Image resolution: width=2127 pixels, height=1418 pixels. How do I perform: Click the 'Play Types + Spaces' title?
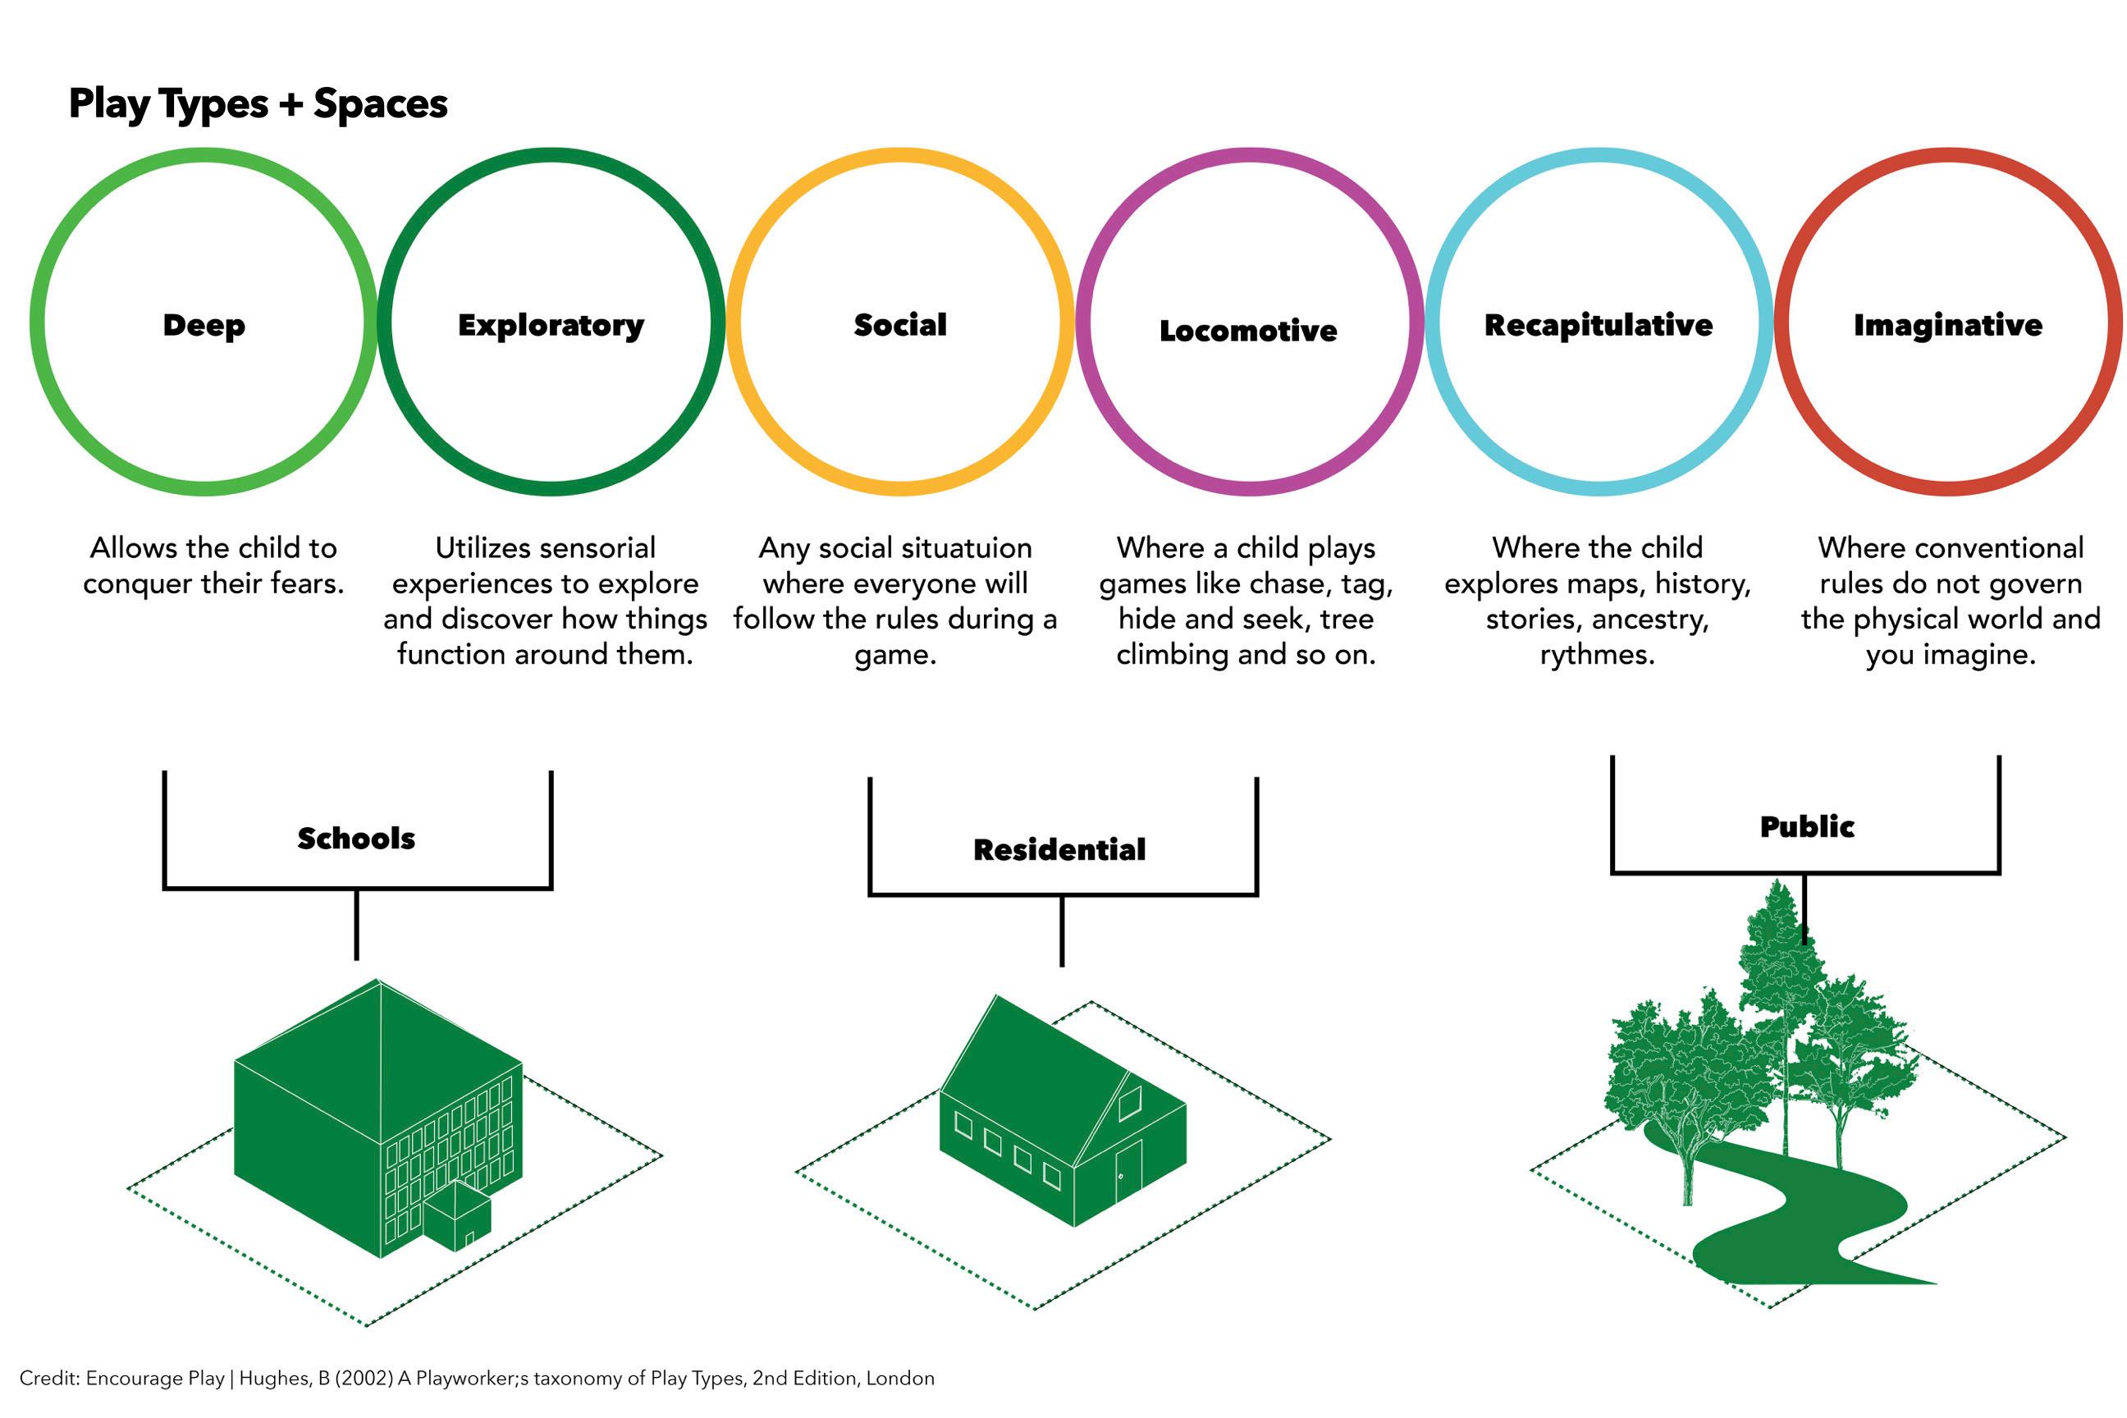tap(258, 104)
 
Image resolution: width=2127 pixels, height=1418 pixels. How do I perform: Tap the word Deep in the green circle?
tap(204, 325)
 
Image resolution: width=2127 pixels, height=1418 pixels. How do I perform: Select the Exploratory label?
tap(551, 325)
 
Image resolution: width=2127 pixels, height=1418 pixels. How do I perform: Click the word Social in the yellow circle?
tap(900, 325)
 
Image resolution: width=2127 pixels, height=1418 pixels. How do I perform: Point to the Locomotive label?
tap(1248, 330)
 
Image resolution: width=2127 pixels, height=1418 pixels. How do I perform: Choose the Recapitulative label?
tap(1598, 325)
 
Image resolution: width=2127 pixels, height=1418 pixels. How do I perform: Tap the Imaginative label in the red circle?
tap(1948, 325)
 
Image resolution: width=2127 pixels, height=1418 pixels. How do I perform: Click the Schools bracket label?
tap(356, 839)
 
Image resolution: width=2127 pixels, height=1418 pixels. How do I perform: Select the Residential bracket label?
tap(1059, 849)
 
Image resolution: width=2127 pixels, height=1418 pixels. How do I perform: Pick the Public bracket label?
tap(1806, 826)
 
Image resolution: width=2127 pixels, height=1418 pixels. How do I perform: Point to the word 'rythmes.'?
tap(1597, 655)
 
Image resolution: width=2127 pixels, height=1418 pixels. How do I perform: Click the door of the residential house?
tap(1128, 1170)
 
